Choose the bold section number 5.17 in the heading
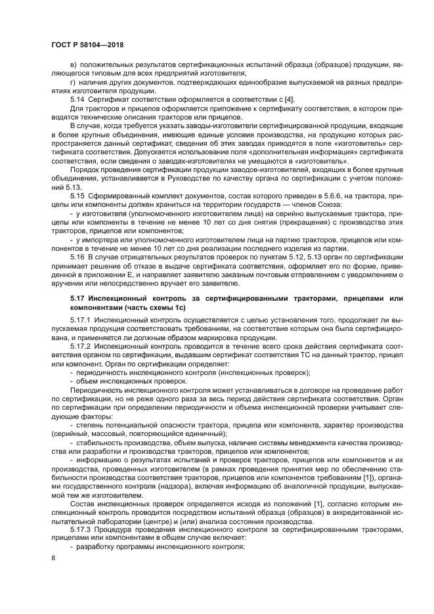click(x=77, y=299)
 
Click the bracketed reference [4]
click(x=288, y=99)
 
